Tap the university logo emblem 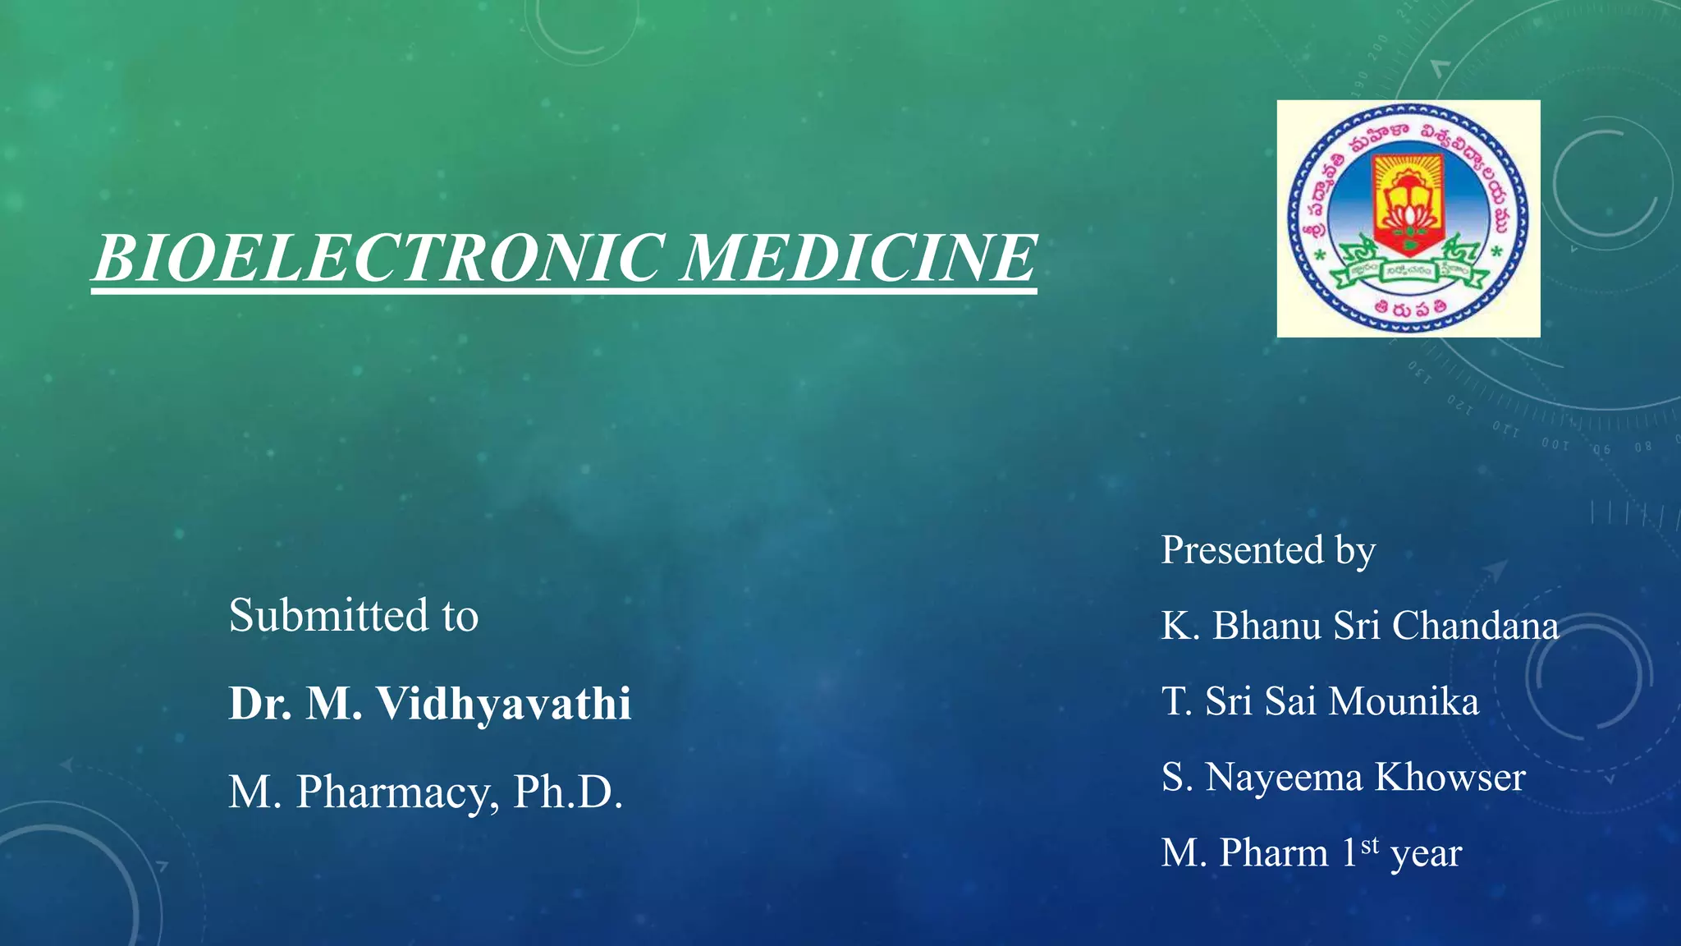tap(1408, 218)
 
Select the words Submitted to tap(353, 616)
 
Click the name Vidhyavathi tap(503, 704)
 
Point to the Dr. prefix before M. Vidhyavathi tap(260, 704)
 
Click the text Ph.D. tap(567, 792)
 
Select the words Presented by tap(1267, 550)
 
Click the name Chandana tap(1475, 626)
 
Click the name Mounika tap(1404, 701)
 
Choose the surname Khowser tap(1450, 777)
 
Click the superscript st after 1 tap(1369, 844)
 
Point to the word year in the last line tap(1426, 854)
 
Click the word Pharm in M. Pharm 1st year tap(1273, 853)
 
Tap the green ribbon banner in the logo tap(1408, 272)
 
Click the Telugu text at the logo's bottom tap(1409, 310)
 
